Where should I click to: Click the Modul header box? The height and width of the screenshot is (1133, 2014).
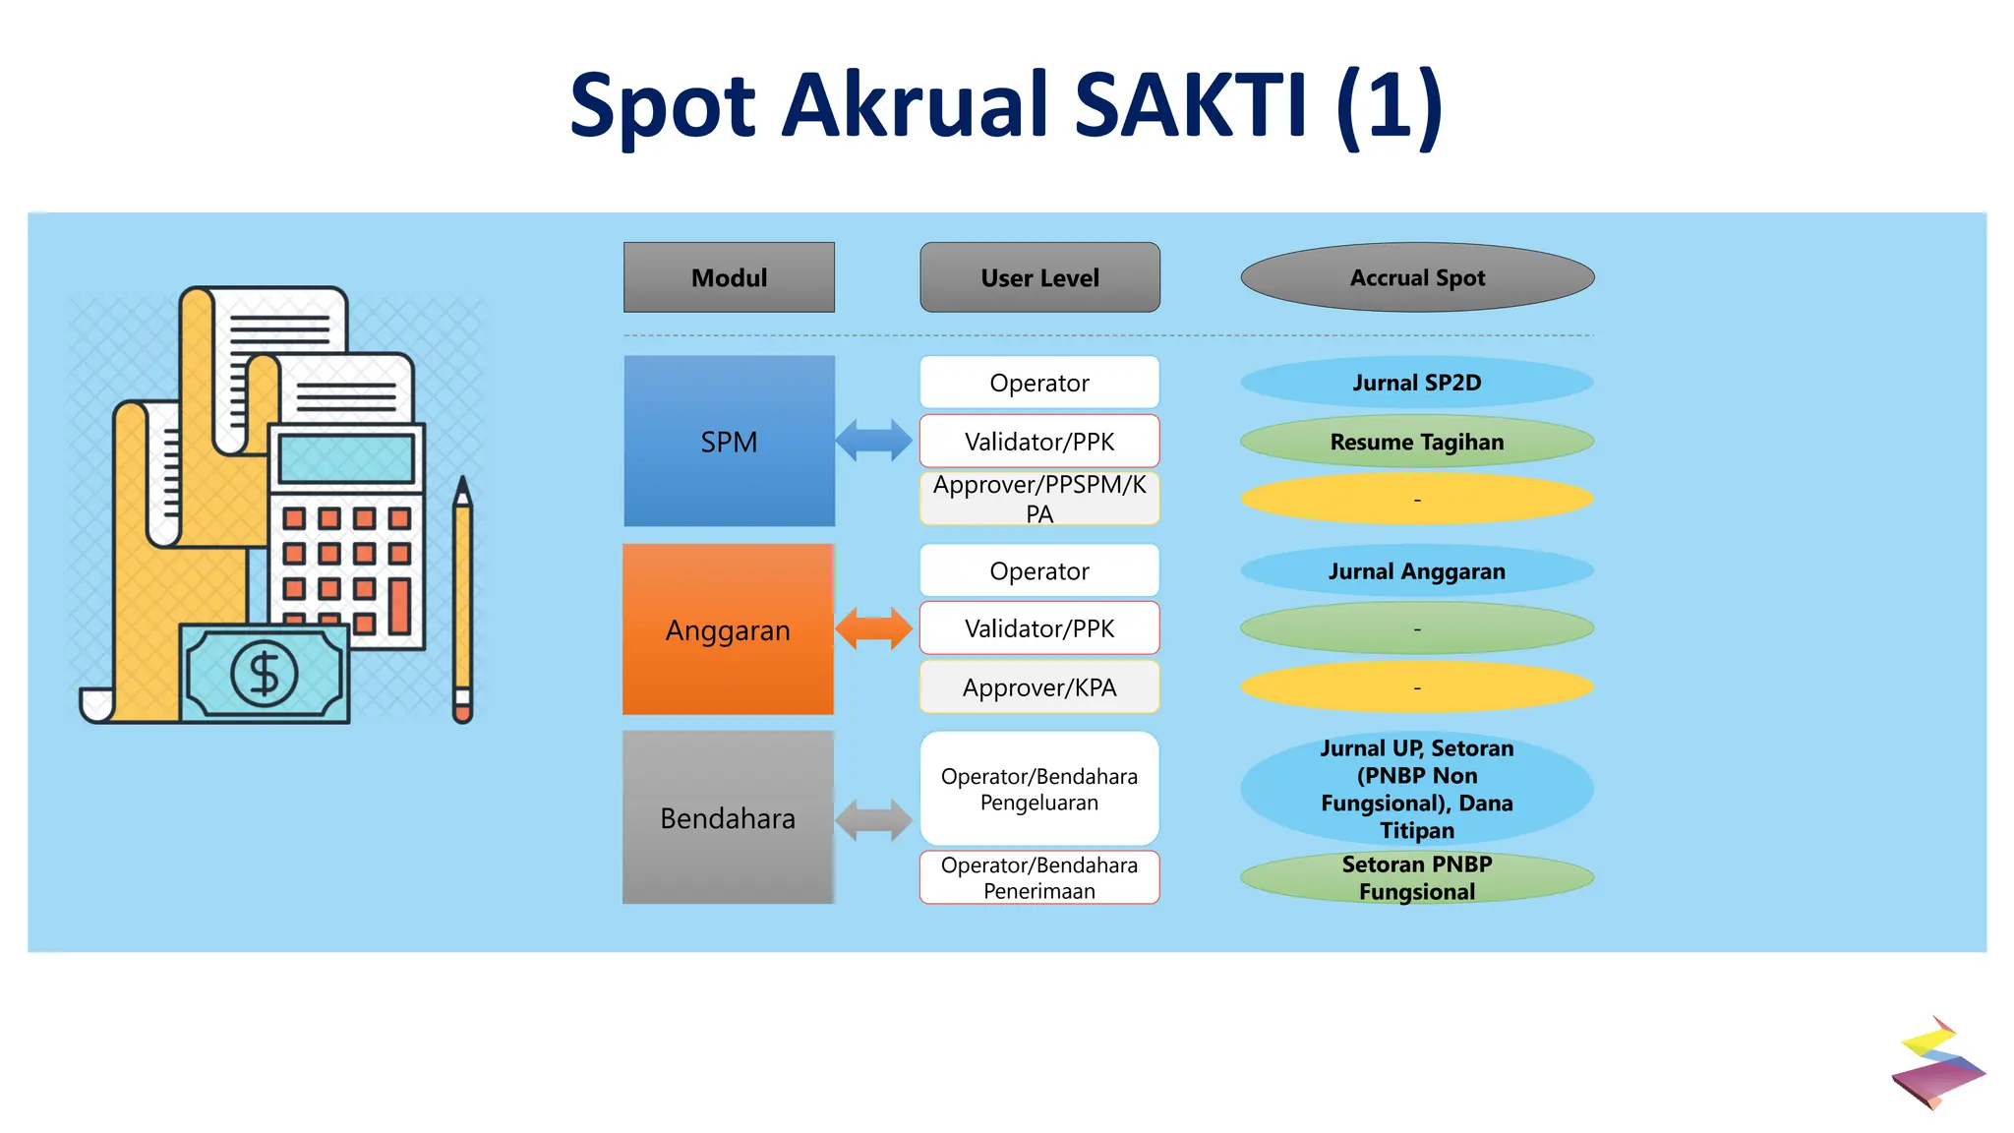729,277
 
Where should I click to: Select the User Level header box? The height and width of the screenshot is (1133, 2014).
1039,277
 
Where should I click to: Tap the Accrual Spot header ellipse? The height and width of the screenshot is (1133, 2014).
1416,277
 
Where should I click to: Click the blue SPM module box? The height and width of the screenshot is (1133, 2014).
729,442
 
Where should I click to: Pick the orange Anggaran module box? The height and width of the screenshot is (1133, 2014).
728,629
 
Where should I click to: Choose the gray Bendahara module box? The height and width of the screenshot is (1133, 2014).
728,817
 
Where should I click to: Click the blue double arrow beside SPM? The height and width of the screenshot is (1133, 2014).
873,441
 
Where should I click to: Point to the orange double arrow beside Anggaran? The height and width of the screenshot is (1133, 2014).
873,628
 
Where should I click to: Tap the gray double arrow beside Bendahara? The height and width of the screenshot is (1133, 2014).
873,819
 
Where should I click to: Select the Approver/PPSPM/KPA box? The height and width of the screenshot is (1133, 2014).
1039,499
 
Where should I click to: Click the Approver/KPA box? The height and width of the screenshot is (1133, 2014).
1039,686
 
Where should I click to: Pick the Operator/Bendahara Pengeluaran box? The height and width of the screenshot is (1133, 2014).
1039,789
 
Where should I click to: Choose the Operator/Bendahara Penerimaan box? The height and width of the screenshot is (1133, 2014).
1039,877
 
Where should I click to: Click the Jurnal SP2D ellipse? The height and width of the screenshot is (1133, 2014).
1416,383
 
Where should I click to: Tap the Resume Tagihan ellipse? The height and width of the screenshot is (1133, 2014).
1416,442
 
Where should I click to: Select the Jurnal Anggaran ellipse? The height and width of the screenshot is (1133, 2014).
1416,571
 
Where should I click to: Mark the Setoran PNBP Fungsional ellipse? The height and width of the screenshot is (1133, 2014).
1416,877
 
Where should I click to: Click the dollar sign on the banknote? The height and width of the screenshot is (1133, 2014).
264,675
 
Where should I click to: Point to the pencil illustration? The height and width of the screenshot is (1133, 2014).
463,600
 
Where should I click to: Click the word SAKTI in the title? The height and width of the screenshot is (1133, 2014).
1191,104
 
